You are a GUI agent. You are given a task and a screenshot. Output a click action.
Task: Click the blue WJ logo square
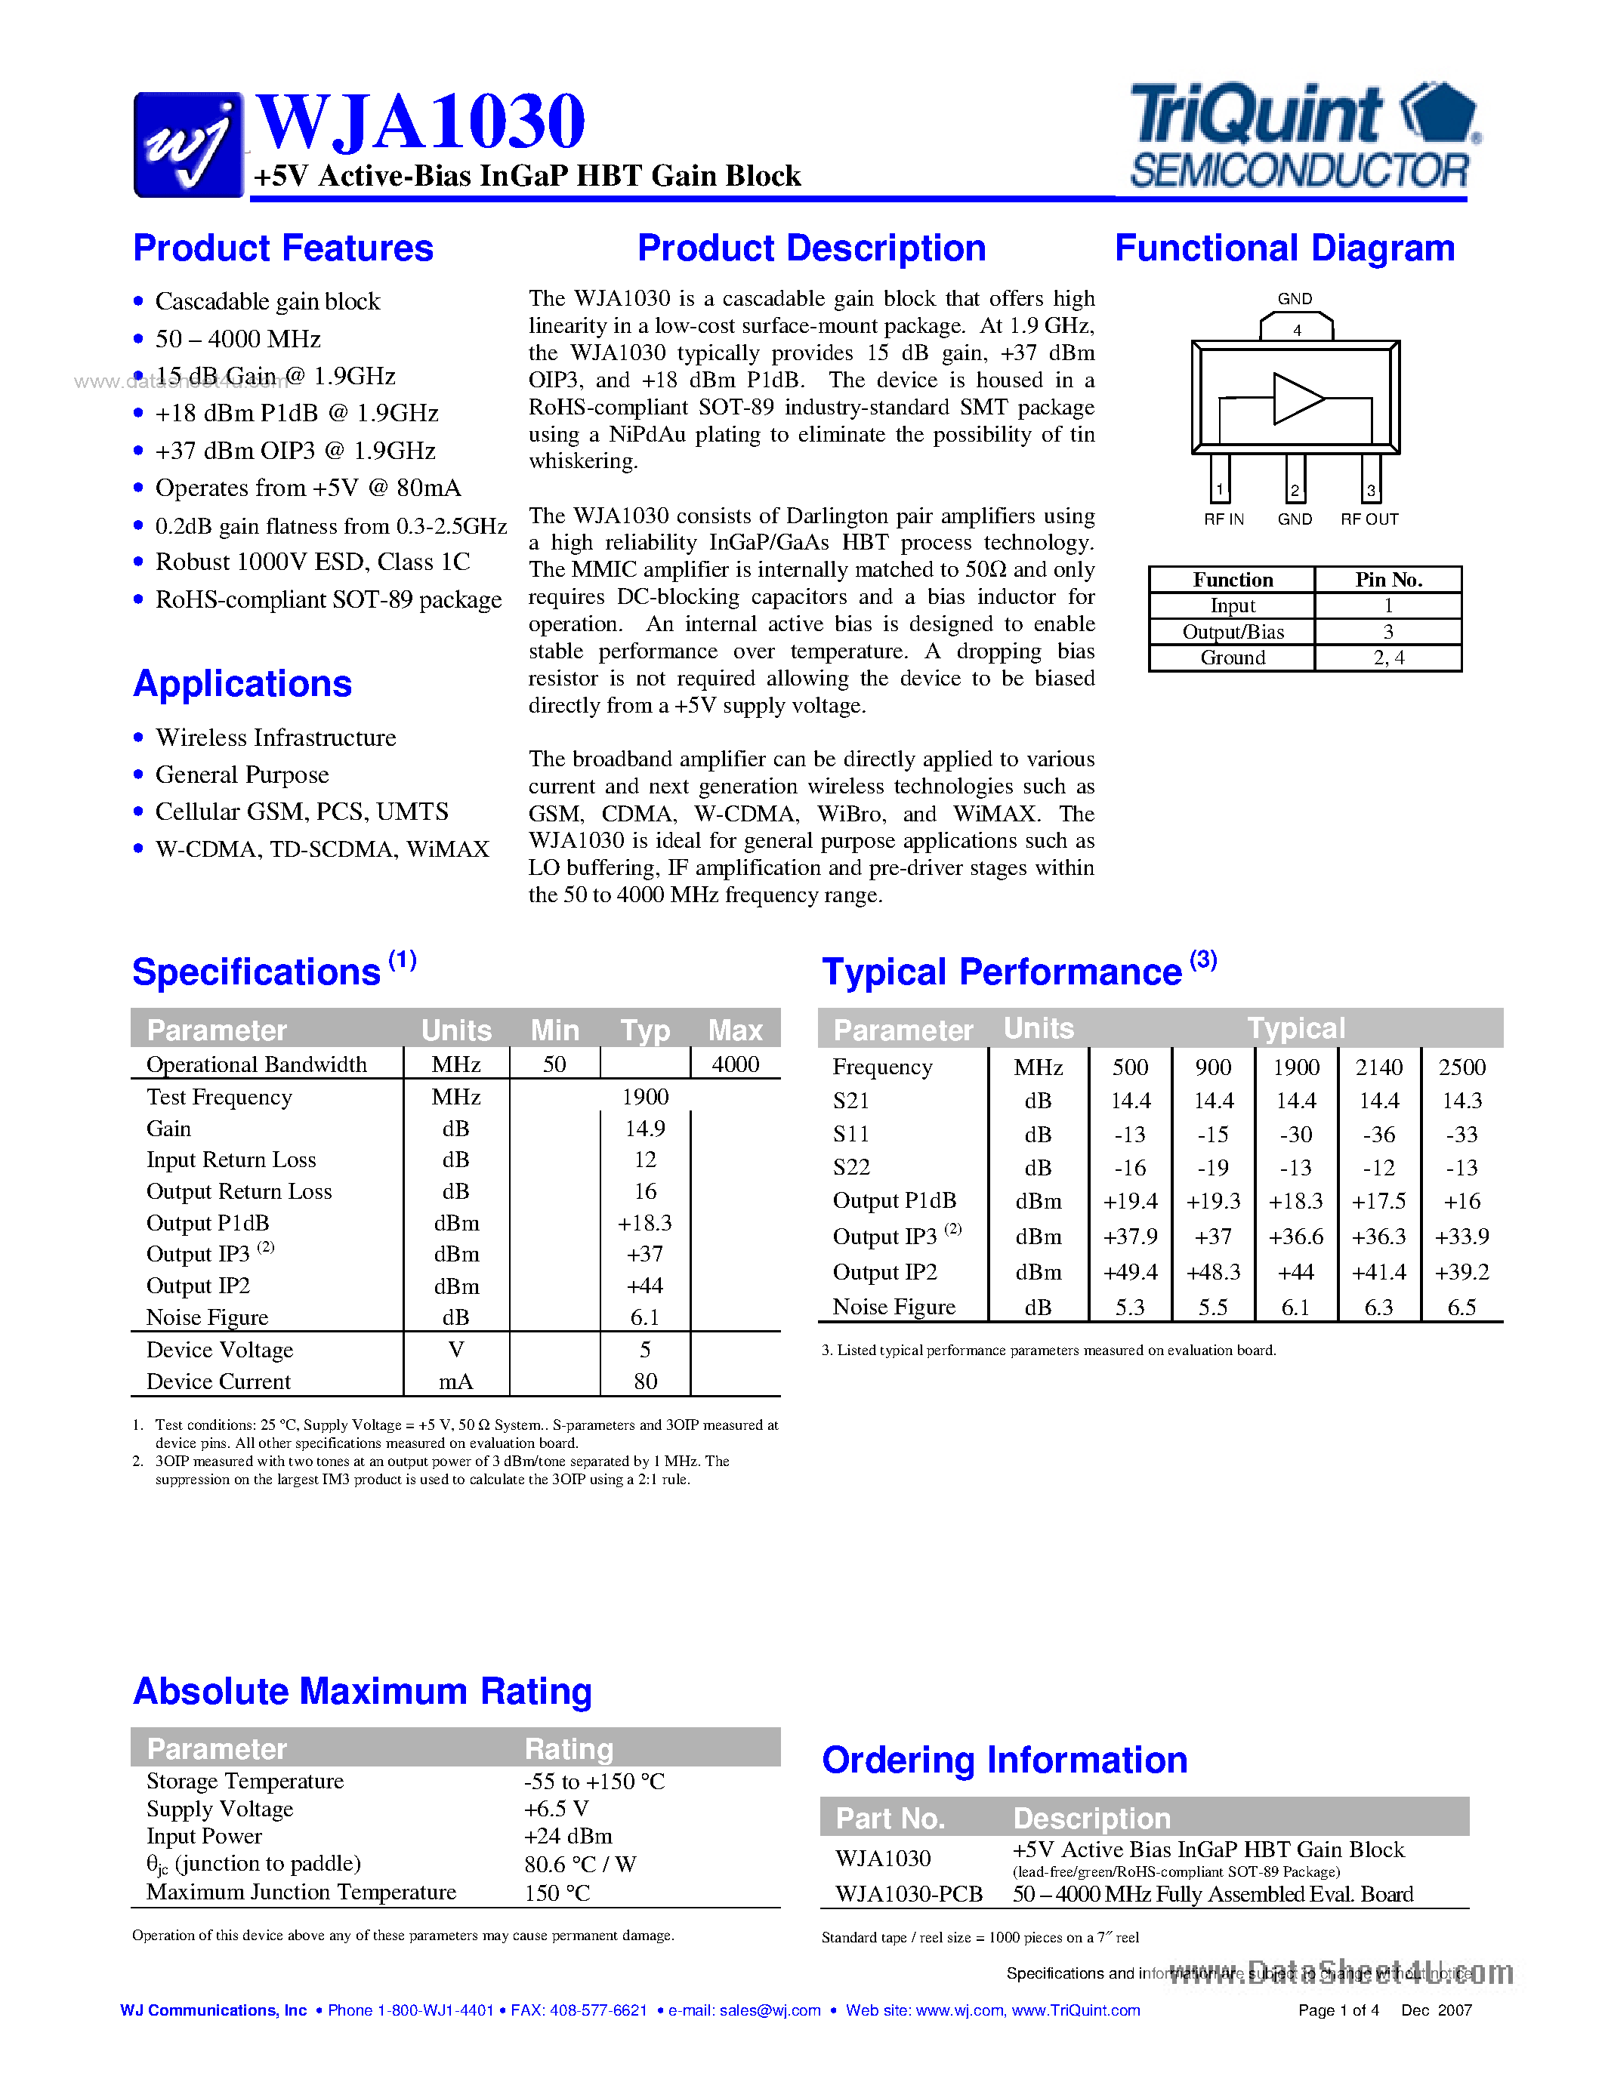[x=188, y=144]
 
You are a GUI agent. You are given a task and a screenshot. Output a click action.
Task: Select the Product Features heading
[x=283, y=249]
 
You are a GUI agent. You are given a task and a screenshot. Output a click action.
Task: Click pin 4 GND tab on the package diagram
[x=1296, y=328]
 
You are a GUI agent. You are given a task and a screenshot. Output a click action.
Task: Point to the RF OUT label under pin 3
[x=1369, y=519]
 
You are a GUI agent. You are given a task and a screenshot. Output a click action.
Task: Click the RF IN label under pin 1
[x=1224, y=519]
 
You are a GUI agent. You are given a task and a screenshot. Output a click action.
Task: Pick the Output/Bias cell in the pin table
[x=1233, y=632]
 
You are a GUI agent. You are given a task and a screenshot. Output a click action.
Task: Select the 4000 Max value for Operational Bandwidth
[x=735, y=1064]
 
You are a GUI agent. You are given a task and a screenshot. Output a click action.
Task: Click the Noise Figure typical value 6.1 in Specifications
[x=645, y=1317]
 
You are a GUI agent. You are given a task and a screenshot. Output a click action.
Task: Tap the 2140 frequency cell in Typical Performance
[x=1378, y=1067]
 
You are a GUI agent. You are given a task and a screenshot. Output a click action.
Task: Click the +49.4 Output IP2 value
[x=1130, y=1272]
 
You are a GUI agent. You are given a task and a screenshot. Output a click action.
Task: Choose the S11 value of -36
[x=1378, y=1135]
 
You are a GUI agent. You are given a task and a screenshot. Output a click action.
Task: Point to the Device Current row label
[x=219, y=1381]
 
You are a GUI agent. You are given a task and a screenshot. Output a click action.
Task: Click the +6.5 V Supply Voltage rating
[x=556, y=1809]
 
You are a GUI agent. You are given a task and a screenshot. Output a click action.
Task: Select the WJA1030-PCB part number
[x=908, y=1895]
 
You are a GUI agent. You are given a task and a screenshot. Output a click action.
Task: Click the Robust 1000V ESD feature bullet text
[x=313, y=562]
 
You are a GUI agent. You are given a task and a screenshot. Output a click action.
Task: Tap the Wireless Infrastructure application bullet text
[x=276, y=738]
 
